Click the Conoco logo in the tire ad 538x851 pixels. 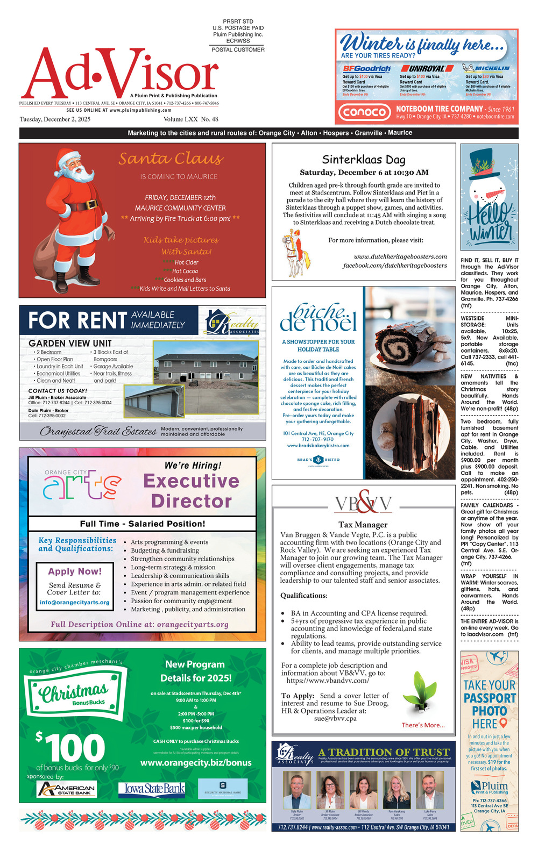(x=364, y=112)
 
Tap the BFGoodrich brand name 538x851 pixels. (x=366, y=69)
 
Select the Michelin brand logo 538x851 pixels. (x=486, y=68)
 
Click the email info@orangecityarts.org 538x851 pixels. (x=74, y=602)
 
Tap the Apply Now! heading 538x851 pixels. (x=74, y=571)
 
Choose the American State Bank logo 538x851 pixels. (x=66, y=789)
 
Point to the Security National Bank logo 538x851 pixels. (x=223, y=788)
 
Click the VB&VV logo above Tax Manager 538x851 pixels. (x=363, y=504)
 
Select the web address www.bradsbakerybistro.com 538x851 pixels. (x=318, y=445)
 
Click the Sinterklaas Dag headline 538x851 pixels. (x=364, y=160)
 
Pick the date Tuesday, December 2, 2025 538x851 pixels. (x=55, y=119)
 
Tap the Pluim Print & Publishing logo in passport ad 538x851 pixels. (x=490, y=788)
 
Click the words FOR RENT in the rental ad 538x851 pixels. (x=77, y=320)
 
